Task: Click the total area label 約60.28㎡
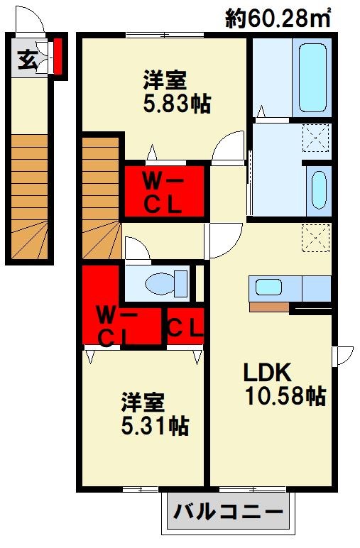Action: click(278, 18)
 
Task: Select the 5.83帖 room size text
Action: click(178, 104)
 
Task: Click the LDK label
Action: click(268, 373)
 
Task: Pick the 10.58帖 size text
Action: click(286, 397)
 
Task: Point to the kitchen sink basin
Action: click(268, 287)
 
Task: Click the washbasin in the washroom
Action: click(319, 190)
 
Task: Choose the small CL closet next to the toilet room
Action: click(185, 327)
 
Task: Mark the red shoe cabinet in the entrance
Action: click(58, 56)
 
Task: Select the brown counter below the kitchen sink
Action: click(270, 307)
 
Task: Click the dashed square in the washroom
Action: click(316, 138)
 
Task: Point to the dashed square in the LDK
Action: click(316, 238)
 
